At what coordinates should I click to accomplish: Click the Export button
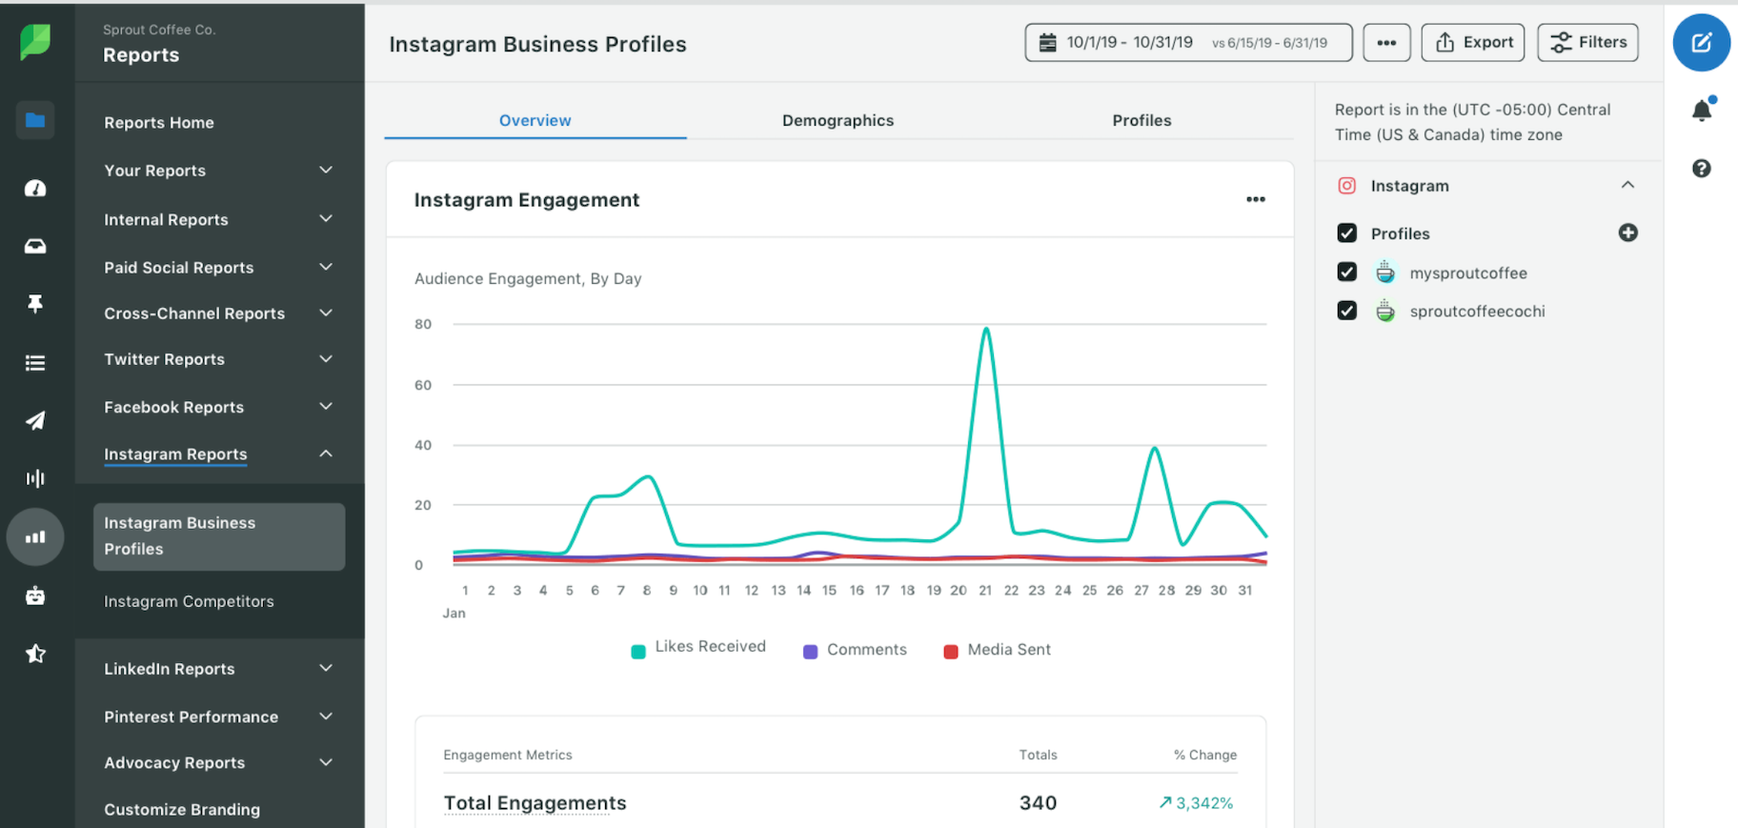click(1473, 43)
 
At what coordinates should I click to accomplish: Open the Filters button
click(1587, 43)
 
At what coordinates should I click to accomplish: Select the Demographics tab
click(838, 120)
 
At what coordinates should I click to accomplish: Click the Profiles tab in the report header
click(1142, 120)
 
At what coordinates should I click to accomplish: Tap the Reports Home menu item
click(159, 123)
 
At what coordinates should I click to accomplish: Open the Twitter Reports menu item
click(165, 359)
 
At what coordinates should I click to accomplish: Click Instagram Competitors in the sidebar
click(189, 601)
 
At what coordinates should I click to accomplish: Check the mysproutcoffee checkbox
click(1346, 273)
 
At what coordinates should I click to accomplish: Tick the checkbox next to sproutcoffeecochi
click(1346, 311)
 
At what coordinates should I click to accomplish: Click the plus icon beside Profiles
click(1627, 232)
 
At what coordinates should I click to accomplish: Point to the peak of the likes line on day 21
click(986, 330)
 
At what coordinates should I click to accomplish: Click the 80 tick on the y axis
click(423, 324)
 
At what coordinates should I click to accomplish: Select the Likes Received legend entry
click(698, 648)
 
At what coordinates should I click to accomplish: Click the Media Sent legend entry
click(997, 650)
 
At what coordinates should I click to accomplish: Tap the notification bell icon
click(1702, 111)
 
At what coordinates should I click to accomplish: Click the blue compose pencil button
click(1702, 43)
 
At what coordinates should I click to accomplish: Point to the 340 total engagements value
click(1038, 802)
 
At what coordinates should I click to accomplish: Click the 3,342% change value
click(1197, 802)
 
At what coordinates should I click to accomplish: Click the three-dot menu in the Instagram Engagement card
click(1256, 199)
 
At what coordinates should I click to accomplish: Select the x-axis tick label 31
click(1244, 591)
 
